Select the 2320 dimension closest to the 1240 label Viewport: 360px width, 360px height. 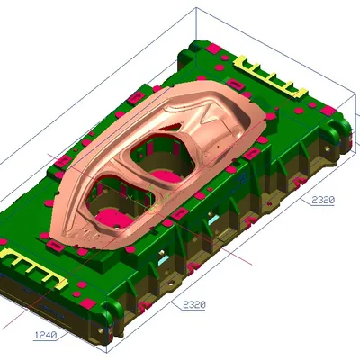coord(193,305)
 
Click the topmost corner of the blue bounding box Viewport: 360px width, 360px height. coord(197,9)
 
